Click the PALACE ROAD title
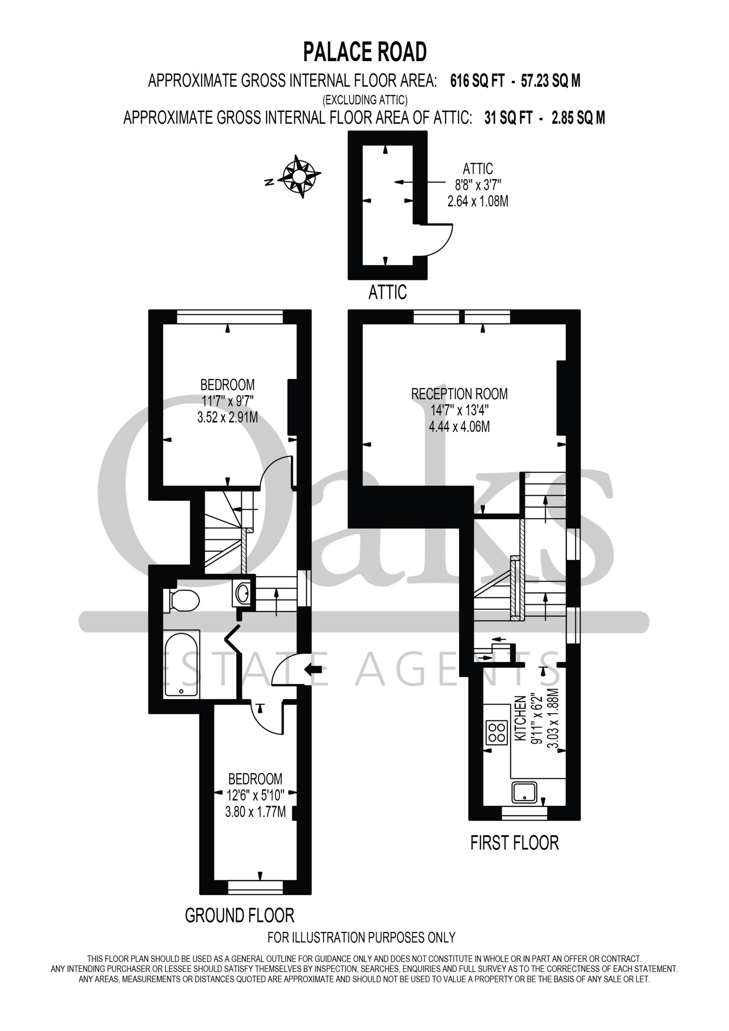click(365, 52)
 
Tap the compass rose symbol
click(299, 176)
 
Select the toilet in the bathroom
click(182, 601)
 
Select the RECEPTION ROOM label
click(460, 394)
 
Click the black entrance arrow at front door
click(313, 669)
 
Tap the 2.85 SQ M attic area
click(578, 118)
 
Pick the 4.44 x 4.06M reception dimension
click(459, 426)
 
